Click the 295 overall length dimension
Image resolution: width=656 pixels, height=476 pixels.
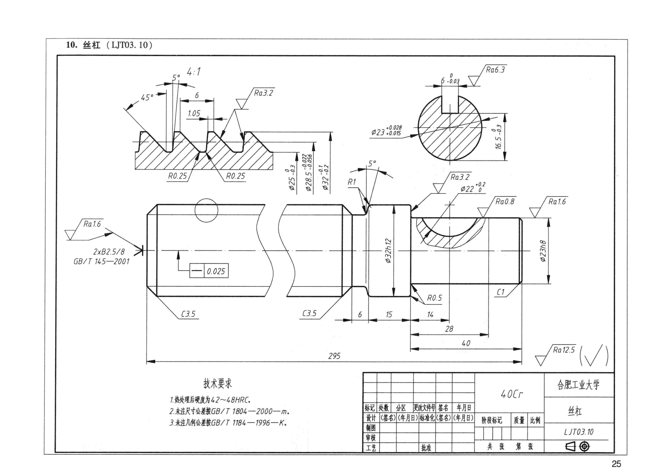click(x=334, y=356)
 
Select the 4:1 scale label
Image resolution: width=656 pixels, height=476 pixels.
click(x=194, y=71)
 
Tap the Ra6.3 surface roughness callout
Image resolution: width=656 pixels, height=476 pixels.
click(x=495, y=70)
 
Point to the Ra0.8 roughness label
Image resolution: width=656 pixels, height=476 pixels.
click(x=505, y=202)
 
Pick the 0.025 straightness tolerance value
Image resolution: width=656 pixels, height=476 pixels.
click(x=216, y=271)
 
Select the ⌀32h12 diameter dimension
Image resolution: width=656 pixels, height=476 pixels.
click(x=388, y=251)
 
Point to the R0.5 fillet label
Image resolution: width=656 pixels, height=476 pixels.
click(x=434, y=298)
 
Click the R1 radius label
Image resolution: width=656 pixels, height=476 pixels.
click(x=352, y=182)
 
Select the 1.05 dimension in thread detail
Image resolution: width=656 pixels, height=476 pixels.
click(x=194, y=113)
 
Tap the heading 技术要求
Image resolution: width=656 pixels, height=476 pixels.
click(x=218, y=384)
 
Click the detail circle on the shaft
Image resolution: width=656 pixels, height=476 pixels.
click(x=206, y=210)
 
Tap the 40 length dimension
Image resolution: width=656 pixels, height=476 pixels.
click(x=466, y=343)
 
